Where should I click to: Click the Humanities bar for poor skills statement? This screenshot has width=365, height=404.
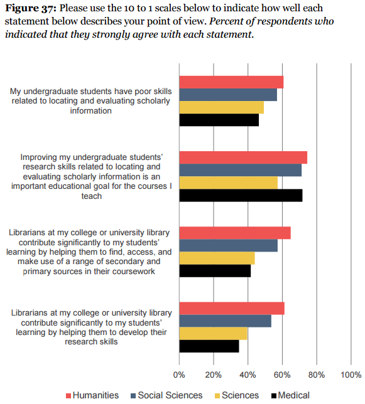click(x=231, y=82)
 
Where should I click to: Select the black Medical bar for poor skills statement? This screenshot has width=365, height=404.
click(x=219, y=120)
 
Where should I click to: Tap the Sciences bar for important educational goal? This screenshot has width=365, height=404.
click(x=229, y=183)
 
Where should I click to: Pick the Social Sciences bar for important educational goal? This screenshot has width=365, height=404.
click(x=241, y=170)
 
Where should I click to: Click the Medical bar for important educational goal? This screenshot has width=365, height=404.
click(x=241, y=195)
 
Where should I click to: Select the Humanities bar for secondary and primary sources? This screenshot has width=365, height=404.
click(x=235, y=233)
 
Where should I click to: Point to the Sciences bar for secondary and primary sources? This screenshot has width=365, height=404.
click(x=217, y=258)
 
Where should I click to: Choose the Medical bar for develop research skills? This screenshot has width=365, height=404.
click(x=209, y=346)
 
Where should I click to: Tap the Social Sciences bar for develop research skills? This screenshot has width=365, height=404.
click(x=225, y=321)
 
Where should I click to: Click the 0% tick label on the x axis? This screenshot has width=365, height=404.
click(x=179, y=375)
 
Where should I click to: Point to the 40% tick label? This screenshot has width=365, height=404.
click(x=248, y=375)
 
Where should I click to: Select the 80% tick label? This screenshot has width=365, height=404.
click(x=317, y=375)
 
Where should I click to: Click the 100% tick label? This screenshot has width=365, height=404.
click(x=351, y=375)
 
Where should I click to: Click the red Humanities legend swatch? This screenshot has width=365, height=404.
click(x=68, y=396)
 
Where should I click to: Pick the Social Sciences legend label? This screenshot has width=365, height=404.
click(x=170, y=395)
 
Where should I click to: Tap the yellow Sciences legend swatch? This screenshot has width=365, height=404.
click(x=217, y=396)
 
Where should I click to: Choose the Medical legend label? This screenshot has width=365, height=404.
click(x=293, y=395)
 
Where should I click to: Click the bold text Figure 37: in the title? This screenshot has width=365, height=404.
click(x=31, y=8)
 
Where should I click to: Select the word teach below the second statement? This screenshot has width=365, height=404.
click(x=92, y=196)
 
